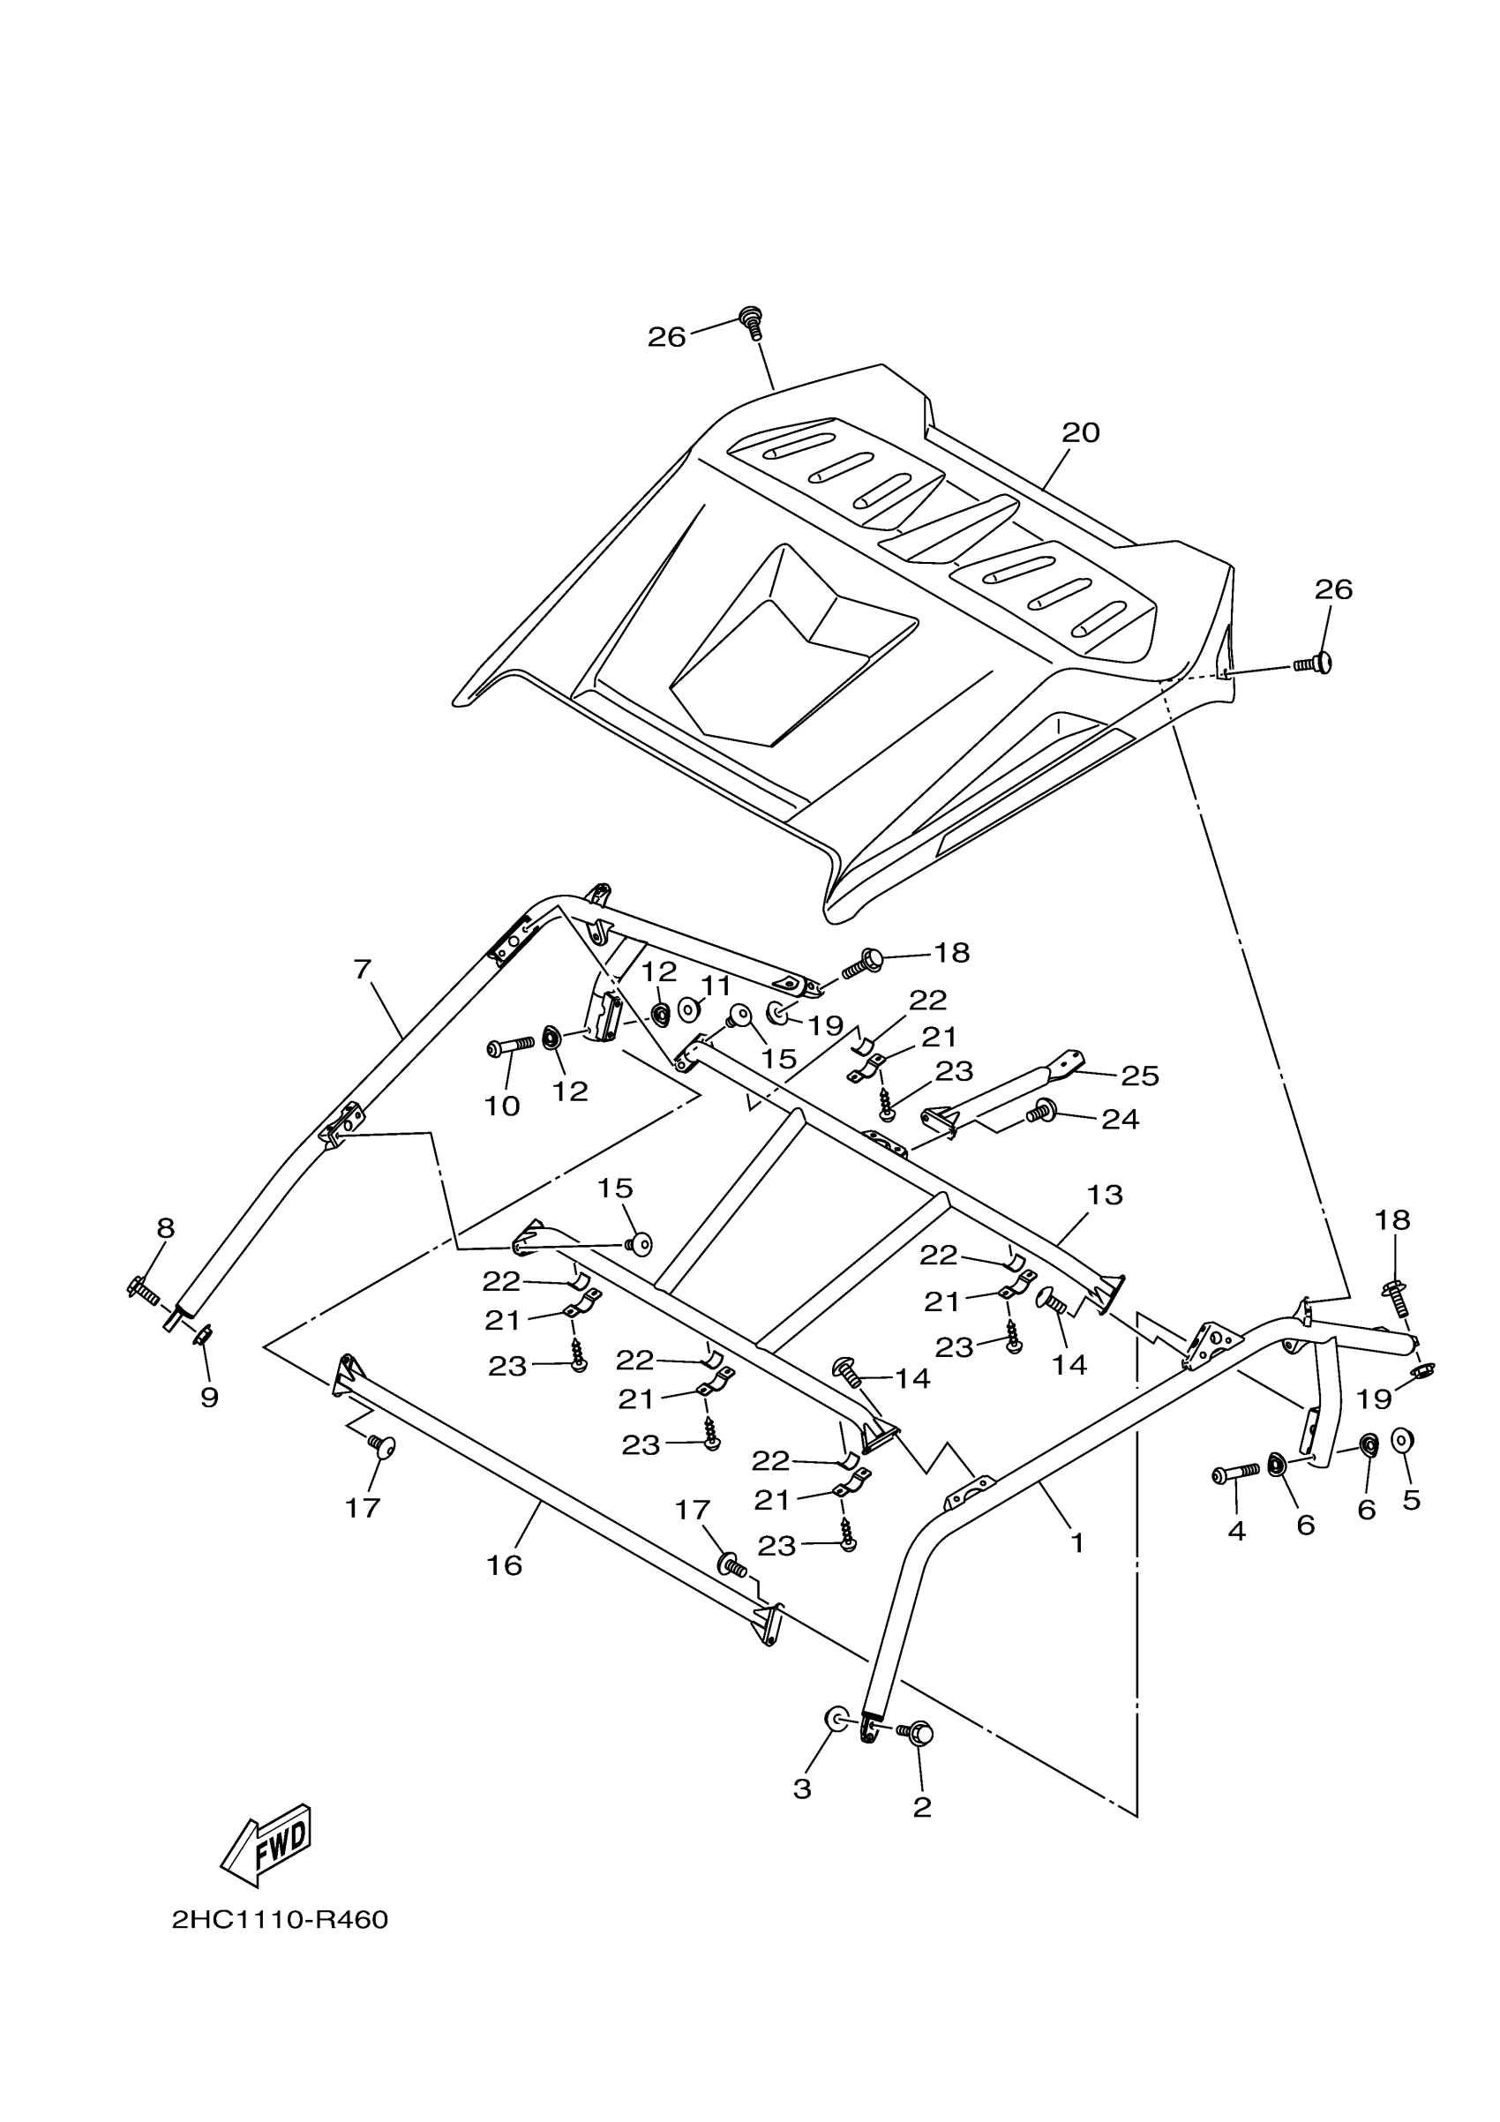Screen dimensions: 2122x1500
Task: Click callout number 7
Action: (x=363, y=970)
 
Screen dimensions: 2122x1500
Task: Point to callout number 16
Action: (x=506, y=1564)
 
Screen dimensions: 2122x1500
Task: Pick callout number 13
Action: (x=1105, y=1194)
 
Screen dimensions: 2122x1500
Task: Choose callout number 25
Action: (x=1141, y=1075)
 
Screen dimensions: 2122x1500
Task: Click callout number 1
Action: (x=1076, y=1542)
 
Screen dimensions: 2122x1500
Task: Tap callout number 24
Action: (x=1121, y=1119)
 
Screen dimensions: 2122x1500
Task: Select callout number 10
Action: (x=503, y=1106)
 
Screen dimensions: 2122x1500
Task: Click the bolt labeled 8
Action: (x=143, y=1287)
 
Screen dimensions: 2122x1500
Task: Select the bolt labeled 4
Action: (x=1234, y=1472)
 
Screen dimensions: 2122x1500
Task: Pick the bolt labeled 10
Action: (x=509, y=1046)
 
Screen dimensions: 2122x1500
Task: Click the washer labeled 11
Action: (x=688, y=1009)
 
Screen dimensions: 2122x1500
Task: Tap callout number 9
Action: (x=210, y=1398)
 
